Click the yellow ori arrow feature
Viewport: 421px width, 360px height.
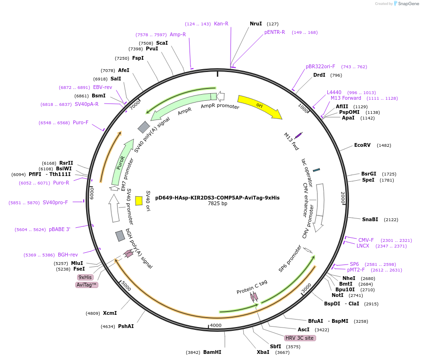259,106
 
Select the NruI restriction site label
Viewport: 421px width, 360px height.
256,24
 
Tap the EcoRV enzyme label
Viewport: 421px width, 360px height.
362,145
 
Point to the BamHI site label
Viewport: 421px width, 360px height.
212,352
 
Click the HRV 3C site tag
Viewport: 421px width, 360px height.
300,338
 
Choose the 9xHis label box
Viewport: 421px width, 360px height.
86,277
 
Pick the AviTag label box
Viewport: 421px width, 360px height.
87,285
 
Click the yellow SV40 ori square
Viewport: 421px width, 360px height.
139,200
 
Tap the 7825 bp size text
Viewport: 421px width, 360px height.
217,204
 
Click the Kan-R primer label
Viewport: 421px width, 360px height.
221,24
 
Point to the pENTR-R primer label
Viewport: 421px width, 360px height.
275,32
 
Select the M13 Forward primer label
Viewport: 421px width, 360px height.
346,98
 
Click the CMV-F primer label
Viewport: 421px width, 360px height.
366,240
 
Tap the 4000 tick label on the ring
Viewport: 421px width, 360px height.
215,325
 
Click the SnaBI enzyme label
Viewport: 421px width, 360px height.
370,219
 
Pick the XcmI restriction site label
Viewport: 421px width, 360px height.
110,313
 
